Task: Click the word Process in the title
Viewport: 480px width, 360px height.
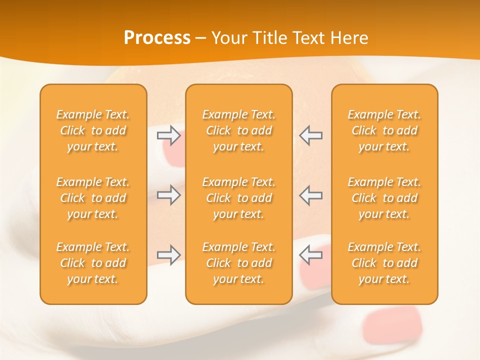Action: (x=157, y=38)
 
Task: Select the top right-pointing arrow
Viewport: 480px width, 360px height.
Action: (x=168, y=135)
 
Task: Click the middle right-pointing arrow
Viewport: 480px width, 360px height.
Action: (x=168, y=195)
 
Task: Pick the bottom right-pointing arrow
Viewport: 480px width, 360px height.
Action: (x=168, y=255)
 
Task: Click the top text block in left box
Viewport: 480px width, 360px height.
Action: (x=93, y=130)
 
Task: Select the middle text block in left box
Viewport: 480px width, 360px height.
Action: (x=93, y=198)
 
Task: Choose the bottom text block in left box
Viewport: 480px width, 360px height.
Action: (x=93, y=263)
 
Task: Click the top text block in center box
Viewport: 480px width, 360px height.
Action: (x=238, y=130)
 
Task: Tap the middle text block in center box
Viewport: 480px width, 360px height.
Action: (x=238, y=198)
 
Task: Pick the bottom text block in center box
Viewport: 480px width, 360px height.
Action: (x=238, y=263)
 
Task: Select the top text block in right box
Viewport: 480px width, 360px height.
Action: (x=384, y=130)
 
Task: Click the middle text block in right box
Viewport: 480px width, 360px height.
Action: (x=384, y=198)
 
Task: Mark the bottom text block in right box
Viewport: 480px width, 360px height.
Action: (x=384, y=263)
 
